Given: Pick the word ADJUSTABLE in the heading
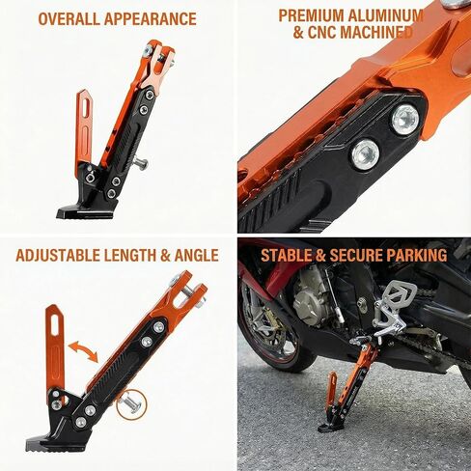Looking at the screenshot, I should (64, 256).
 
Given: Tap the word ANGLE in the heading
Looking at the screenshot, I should (194, 256).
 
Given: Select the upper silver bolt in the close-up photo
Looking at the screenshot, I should (404, 119).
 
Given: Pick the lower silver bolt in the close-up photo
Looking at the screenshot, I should (364, 153).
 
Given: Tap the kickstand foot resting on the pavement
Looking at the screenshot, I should (333, 425).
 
